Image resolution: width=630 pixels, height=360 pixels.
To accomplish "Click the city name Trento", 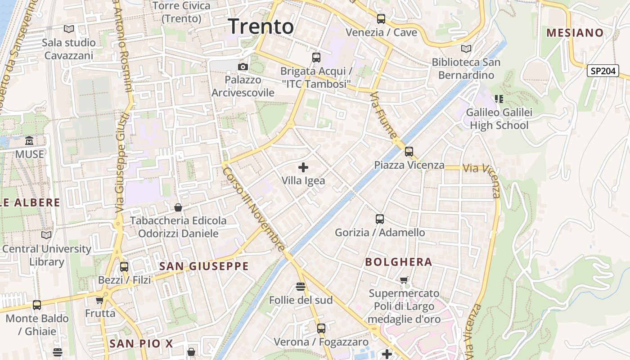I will (x=261, y=26).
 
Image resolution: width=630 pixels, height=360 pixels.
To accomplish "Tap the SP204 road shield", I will (x=603, y=71).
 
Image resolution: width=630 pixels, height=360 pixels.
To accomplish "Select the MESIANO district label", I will (x=575, y=32).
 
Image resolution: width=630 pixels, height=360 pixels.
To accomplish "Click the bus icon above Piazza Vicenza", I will (x=409, y=152).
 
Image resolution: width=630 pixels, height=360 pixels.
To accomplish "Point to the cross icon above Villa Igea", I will (x=303, y=167).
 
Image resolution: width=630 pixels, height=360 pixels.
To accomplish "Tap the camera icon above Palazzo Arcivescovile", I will (x=243, y=67).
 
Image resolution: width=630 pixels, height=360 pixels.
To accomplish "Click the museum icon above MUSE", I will (x=30, y=141).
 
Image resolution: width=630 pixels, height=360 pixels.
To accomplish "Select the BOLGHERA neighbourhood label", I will (x=398, y=262).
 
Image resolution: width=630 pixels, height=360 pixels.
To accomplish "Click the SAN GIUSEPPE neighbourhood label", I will (x=204, y=266).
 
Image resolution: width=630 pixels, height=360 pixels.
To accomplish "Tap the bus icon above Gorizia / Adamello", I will (x=380, y=219).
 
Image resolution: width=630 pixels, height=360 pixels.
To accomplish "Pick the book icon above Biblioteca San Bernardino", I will (x=466, y=49).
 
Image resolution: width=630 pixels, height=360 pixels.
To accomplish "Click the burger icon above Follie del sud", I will (x=301, y=287).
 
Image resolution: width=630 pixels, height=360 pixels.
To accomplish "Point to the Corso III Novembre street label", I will (x=254, y=209).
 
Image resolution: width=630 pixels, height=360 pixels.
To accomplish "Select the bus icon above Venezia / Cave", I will (x=381, y=19).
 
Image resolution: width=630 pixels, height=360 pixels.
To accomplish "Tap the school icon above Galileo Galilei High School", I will (x=499, y=99).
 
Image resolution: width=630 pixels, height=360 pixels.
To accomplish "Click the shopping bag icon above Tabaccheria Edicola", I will (x=178, y=207).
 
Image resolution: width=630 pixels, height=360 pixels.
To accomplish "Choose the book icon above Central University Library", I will (x=46, y=235).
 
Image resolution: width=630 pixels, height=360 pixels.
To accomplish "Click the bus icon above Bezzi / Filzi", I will (x=124, y=266).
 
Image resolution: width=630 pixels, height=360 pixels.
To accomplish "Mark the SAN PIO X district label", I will (x=141, y=344).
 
